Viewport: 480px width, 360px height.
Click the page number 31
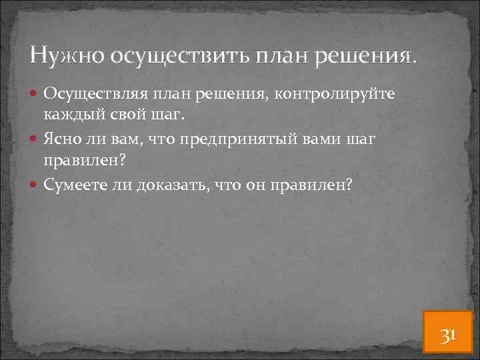[447, 334]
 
